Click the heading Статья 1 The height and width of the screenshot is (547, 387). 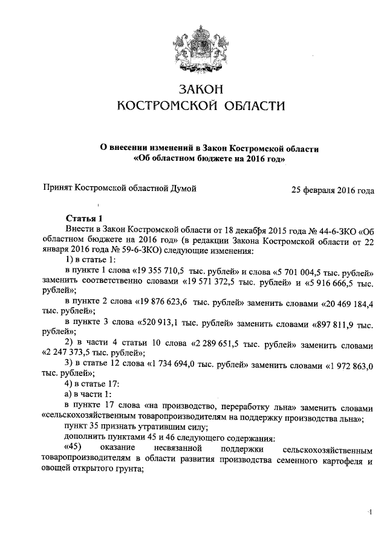(85, 218)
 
